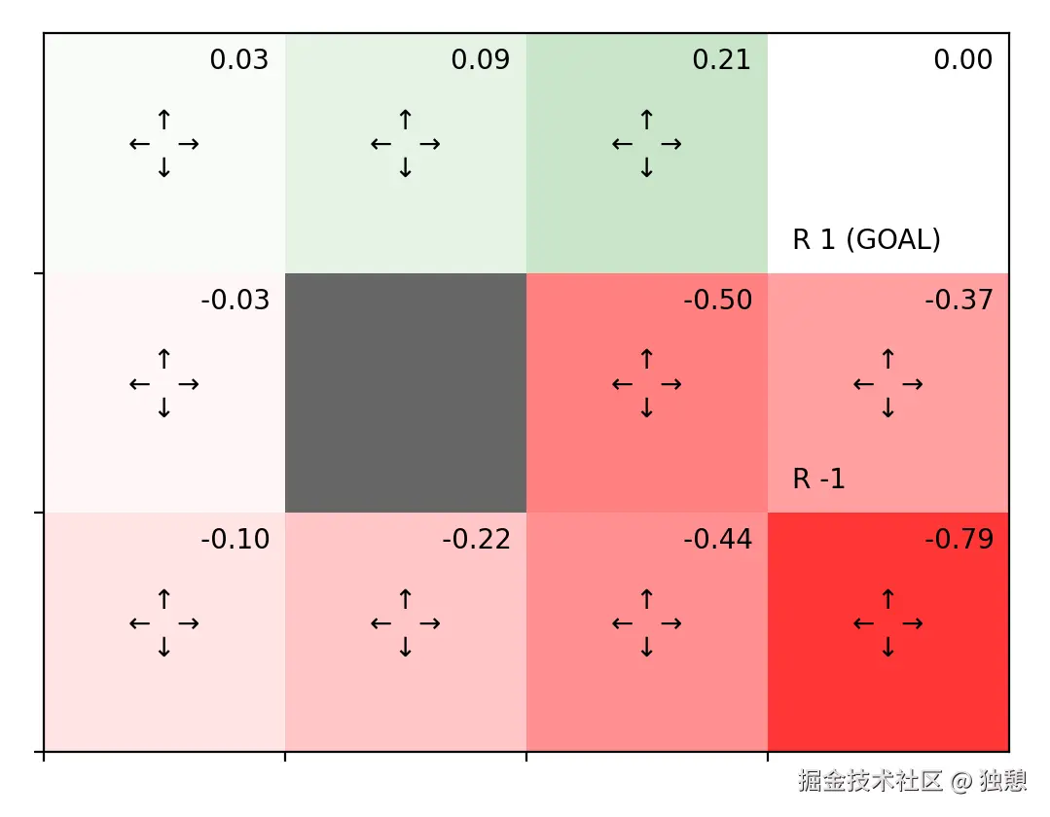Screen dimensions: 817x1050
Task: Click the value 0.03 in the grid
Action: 238,60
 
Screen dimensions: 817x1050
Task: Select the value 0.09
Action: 480,60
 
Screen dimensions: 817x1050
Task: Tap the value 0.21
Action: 721,60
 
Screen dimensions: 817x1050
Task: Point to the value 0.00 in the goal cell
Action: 962,60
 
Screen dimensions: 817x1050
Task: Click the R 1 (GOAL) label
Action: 866,239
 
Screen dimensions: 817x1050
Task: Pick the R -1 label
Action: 818,479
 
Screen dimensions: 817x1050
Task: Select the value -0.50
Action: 717,301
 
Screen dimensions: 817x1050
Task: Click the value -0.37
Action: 959,301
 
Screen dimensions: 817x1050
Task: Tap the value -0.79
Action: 959,540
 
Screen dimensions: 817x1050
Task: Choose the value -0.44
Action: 717,540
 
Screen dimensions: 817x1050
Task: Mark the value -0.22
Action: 476,540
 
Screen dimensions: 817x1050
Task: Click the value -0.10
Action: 235,540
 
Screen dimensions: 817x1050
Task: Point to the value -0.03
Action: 235,301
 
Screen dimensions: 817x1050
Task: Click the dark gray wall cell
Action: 405,392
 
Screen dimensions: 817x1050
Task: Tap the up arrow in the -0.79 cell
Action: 887,599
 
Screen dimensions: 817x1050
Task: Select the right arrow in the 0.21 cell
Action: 671,144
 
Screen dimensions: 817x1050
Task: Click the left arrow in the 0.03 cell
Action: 139,144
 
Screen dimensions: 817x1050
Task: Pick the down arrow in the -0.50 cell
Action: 646,408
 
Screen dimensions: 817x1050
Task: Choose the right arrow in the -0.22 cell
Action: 430,623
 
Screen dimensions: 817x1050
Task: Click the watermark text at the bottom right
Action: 912,780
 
